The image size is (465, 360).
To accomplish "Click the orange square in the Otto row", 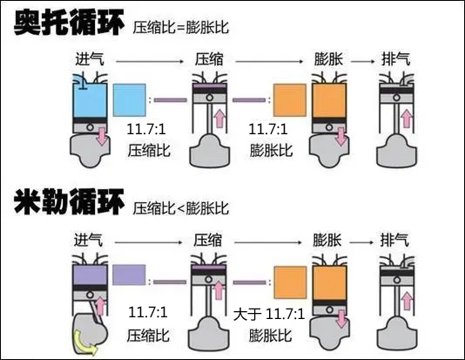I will pyautogui.click(x=290, y=99).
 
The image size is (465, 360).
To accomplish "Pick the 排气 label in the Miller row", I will pyautogui.click(x=397, y=240).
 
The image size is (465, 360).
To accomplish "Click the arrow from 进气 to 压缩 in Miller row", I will pyautogui.click(x=149, y=241).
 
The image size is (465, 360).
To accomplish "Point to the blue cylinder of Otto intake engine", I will pyautogui.click(x=90, y=101).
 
